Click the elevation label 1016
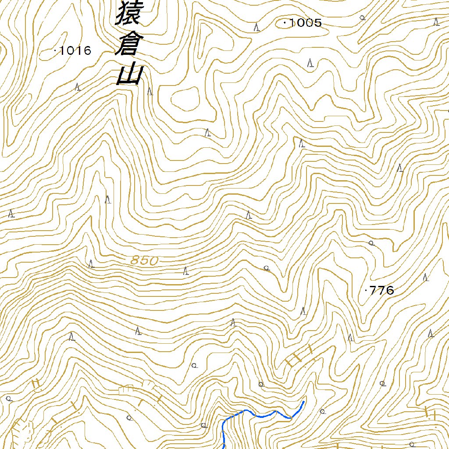coord(75,51)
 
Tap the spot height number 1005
coord(306,23)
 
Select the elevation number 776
coord(382,290)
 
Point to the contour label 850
coord(144,260)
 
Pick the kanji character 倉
coord(127,45)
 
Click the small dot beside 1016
coord(55,51)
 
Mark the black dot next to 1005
coord(285,22)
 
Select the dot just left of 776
coord(366,290)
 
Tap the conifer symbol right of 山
coord(150,91)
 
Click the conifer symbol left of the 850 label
coord(91,264)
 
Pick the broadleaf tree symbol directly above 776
coord(371,242)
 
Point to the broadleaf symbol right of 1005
coord(362,18)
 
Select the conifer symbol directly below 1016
coord(78,87)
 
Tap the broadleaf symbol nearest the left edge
coord(9,399)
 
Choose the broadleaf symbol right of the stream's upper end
coord(322,411)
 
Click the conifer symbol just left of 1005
coord(257,27)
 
